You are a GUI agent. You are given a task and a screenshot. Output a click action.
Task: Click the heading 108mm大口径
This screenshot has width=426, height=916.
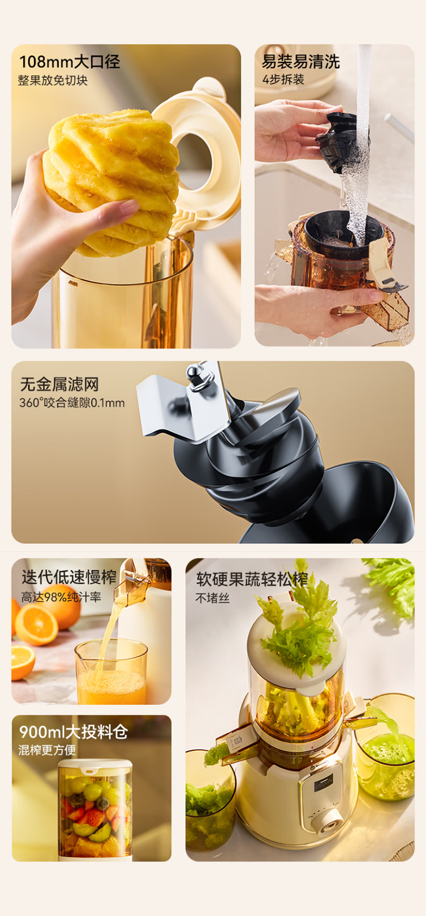click(x=69, y=62)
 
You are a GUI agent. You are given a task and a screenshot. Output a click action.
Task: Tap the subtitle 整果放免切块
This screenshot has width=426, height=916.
click(x=53, y=80)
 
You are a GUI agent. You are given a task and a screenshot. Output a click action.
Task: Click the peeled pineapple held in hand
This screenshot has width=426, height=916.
click(x=111, y=180)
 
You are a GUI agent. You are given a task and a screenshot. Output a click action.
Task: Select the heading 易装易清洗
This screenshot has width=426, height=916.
click(x=301, y=62)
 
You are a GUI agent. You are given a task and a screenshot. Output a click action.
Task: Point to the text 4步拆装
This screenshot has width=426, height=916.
click(x=283, y=79)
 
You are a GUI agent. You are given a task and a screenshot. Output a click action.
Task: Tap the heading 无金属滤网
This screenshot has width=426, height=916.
click(x=59, y=384)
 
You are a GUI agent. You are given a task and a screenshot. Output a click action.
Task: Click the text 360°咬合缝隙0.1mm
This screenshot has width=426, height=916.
click(x=72, y=403)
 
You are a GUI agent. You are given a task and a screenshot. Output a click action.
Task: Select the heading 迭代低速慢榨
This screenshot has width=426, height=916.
click(x=69, y=577)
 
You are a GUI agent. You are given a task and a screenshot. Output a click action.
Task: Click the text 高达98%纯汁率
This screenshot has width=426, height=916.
click(x=61, y=597)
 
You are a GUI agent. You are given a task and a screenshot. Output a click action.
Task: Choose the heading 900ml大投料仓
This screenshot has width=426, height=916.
click(x=74, y=732)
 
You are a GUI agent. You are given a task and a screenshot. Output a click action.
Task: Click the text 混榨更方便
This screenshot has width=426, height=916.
click(x=47, y=750)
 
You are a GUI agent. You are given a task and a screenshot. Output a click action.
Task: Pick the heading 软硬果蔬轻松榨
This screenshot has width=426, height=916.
click(x=252, y=579)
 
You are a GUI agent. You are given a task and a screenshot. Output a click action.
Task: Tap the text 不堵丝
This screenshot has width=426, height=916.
click(x=212, y=598)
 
